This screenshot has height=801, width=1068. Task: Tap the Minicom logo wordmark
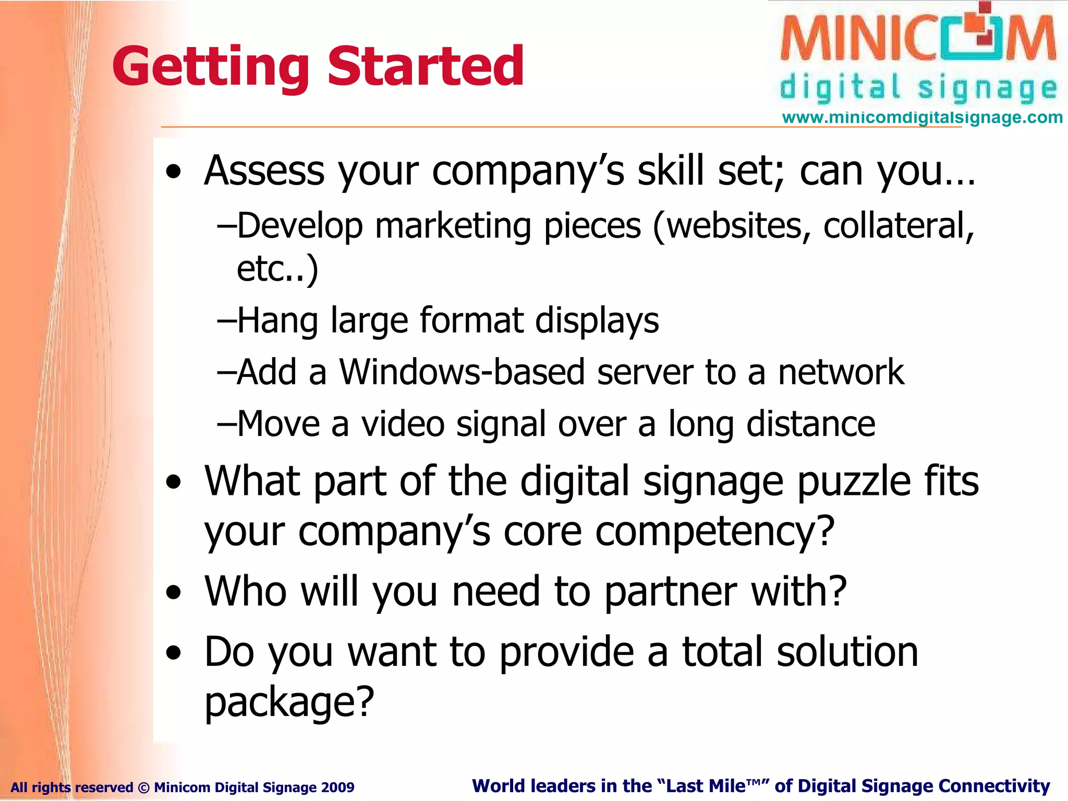918,39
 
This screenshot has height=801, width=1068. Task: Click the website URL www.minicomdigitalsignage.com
922,117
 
